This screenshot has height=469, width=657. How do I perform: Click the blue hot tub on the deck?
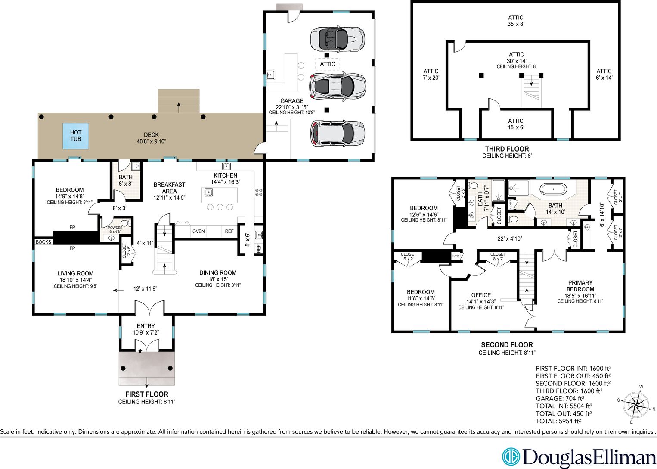tap(76, 136)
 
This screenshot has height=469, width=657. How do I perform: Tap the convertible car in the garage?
tap(338, 40)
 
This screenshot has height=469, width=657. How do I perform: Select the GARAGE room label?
tap(291, 101)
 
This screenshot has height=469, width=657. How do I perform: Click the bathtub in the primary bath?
tap(553, 189)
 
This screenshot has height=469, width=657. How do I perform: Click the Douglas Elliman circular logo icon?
tap(511, 457)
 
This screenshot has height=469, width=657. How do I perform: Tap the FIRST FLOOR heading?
tap(147, 394)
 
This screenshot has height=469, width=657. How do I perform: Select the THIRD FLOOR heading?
tap(507, 149)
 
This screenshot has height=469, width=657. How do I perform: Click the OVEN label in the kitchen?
tap(198, 231)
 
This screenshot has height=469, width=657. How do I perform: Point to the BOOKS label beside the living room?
tap(43, 242)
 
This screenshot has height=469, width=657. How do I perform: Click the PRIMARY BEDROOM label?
tap(580, 286)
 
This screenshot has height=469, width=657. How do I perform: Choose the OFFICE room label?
tap(481, 295)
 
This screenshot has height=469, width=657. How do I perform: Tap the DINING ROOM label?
tap(218, 273)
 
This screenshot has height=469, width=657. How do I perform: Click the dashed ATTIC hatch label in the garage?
tap(327, 64)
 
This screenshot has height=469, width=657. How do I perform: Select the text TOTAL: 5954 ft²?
tap(558, 421)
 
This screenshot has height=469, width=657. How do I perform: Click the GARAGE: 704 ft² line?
tap(560, 398)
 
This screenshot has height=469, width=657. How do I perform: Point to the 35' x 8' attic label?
tap(516, 24)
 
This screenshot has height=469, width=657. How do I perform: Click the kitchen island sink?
tap(208, 193)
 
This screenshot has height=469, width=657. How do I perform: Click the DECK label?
tap(152, 135)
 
